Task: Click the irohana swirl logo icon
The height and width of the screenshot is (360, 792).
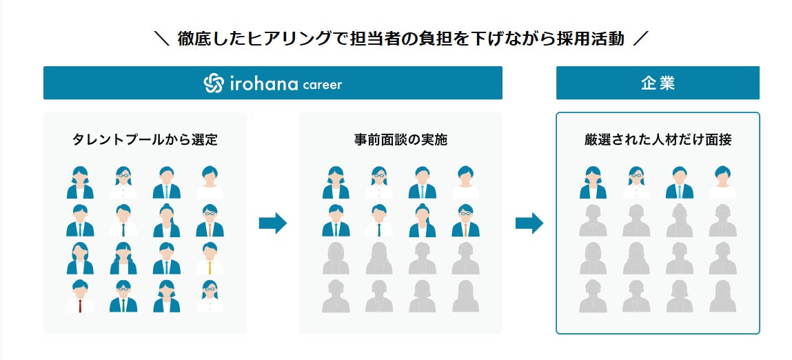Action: (214, 83)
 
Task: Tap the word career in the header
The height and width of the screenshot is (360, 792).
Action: (322, 85)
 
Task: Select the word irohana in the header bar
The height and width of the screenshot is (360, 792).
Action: (263, 83)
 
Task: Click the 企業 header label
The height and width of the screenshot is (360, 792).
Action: (658, 83)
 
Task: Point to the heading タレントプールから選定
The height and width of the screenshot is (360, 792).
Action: (145, 140)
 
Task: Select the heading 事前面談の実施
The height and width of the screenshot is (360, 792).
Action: (400, 140)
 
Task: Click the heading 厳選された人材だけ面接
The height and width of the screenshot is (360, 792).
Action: (658, 140)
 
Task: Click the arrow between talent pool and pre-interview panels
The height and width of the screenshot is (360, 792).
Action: (273, 223)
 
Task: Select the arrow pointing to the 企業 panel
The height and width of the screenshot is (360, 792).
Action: (529, 223)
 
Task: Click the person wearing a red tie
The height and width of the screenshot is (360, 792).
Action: (80, 296)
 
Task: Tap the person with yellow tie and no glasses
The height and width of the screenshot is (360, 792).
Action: (210, 258)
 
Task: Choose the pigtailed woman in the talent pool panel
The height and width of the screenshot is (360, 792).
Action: (123, 258)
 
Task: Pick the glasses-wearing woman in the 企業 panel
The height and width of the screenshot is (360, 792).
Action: (636, 182)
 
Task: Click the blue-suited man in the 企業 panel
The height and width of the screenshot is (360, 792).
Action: (680, 182)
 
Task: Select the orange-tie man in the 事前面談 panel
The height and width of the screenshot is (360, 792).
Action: (466, 220)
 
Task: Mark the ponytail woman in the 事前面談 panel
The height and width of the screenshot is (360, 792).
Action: (423, 220)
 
